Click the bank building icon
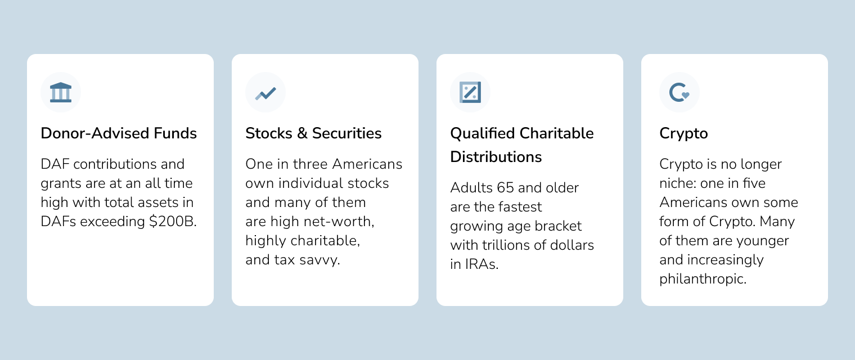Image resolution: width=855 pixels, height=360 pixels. [61, 92]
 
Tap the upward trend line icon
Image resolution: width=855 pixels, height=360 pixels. [265, 93]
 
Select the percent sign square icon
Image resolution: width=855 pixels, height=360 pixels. [470, 92]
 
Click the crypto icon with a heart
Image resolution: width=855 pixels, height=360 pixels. [679, 93]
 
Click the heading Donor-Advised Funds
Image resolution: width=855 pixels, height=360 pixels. [119, 133]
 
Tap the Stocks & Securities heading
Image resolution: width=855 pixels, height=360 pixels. [313, 133]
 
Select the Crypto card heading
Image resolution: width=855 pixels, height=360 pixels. [683, 134]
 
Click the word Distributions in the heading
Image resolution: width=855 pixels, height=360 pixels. [496, 157]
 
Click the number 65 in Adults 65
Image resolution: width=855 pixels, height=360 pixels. [505, 188]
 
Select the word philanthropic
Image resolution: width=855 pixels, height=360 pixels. [703, 280]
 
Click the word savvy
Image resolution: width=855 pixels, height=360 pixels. [319, 260]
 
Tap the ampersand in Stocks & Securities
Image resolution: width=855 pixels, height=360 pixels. [302, 133]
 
